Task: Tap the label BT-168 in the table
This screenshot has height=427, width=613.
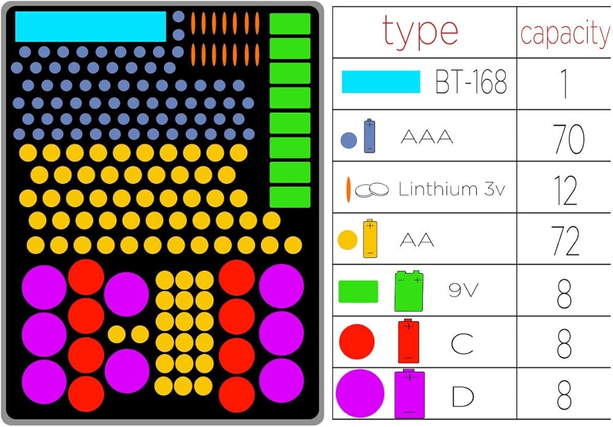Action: (471, 83)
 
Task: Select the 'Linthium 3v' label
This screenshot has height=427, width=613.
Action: (451, 189)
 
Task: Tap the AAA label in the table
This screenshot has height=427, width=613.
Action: (427, 137)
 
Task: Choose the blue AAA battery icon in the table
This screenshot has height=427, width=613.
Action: (370, 136)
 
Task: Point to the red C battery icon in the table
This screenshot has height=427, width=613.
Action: (408, 341)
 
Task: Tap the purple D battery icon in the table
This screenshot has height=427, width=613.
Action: (409, 393)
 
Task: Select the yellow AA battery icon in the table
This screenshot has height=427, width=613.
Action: (370, 238)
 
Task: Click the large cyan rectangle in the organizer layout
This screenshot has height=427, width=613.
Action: (90, 26)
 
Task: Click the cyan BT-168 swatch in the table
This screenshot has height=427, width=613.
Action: (381, 82)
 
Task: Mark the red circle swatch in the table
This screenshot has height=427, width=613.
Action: (357, 342)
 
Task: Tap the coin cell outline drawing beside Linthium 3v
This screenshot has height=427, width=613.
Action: (373, 190)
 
